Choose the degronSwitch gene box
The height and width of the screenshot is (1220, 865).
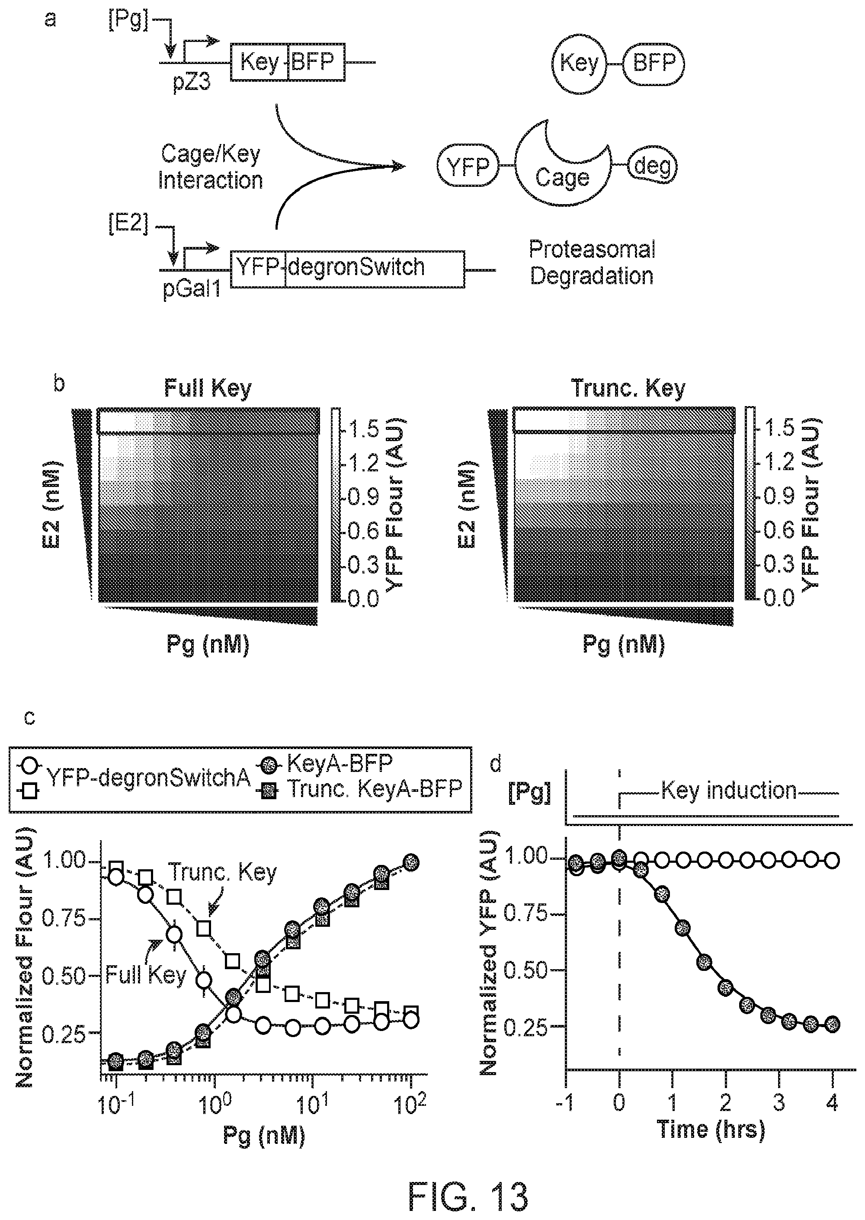click(x=375, y=269)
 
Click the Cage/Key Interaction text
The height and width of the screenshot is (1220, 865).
click(x=210, y=167)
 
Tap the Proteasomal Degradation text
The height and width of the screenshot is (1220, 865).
click(x=592, y=263)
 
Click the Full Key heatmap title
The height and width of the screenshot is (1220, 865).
click(x=208, y=388)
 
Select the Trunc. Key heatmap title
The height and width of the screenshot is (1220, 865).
click(x=628, y=388)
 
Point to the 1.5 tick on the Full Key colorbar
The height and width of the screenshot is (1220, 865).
click(x=362, y=429)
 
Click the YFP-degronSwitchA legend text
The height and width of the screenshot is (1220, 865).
click(x=149, y=778)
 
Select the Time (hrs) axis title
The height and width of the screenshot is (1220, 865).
click(x=711, y=1128)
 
